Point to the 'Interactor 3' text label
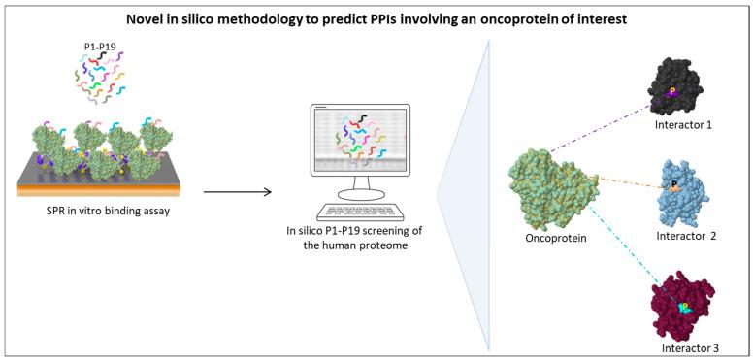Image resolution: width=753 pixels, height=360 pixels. [x=688, y=346]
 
